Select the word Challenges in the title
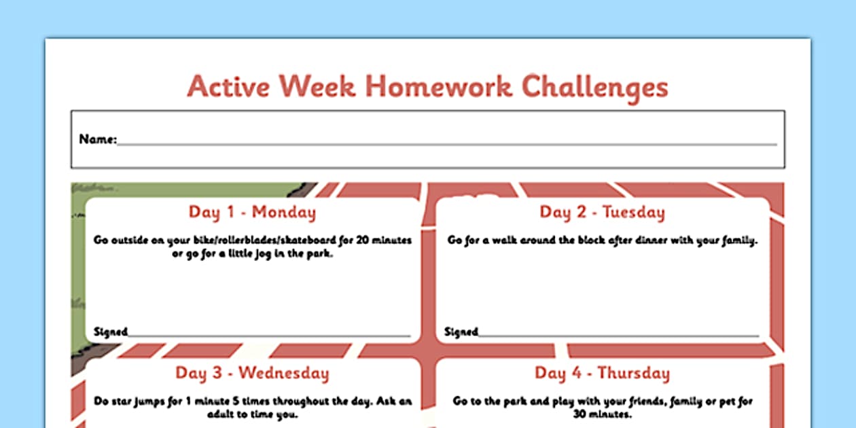pos(594,88)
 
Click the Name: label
pos(98,139)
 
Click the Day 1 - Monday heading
pos(252,212)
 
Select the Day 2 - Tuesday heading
pos(602,212)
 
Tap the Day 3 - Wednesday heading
pos(252,373)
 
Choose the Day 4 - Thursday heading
pos(602,373)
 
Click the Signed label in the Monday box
pos(110,332)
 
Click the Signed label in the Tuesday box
pos(461,332)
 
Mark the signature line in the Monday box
pos(269,335)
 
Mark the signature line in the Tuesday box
pos(618,335)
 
